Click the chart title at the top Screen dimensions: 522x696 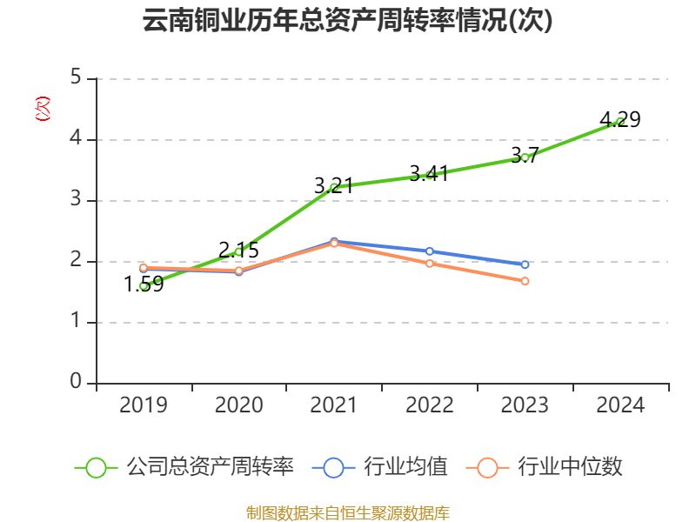(348, 21)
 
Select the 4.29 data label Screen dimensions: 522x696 (620, 120)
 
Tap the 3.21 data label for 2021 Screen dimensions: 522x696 (333, 185)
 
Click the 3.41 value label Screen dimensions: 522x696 (429, 174)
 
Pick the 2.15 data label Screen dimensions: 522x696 (238, 251)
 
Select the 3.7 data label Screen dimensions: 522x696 (525, 156)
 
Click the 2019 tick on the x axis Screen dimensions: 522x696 (144, 405)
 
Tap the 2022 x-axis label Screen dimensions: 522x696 (429, 405)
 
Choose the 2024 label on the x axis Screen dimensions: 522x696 (620, 405)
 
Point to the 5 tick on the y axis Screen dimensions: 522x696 (77, 78)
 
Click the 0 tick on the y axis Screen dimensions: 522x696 (77, 383)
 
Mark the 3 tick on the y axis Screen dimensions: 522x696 (77, 200)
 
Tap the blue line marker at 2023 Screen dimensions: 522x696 (525, 264)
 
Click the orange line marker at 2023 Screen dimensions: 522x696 (525, 281)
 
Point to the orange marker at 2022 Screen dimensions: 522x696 (429, 263)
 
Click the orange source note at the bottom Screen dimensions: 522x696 (348, 512)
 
